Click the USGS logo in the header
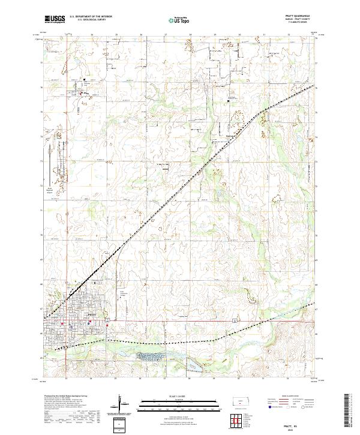click(55, 19)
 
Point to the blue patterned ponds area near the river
click(152, 357)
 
